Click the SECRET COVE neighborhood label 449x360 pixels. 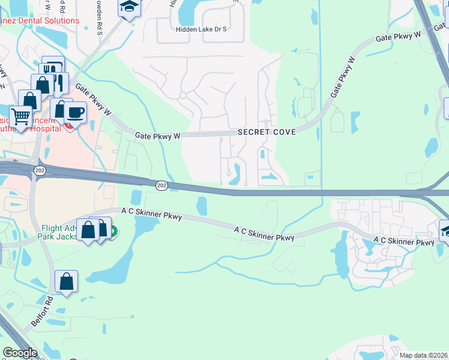[x=267, y=132]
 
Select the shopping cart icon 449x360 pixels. [x=20, y=115]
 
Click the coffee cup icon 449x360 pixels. [x=76, y=112]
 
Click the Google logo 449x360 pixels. [x=19, y=353]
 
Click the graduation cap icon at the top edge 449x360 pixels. [x=129, y=7]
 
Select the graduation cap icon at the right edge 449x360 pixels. [x=445, y=231]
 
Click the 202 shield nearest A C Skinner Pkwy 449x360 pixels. [x=161, y=186]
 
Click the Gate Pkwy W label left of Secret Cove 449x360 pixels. [x=158, y=136]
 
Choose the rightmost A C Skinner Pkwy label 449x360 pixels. [x=403, y=241]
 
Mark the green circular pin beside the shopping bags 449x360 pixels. [x=112, y=231]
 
